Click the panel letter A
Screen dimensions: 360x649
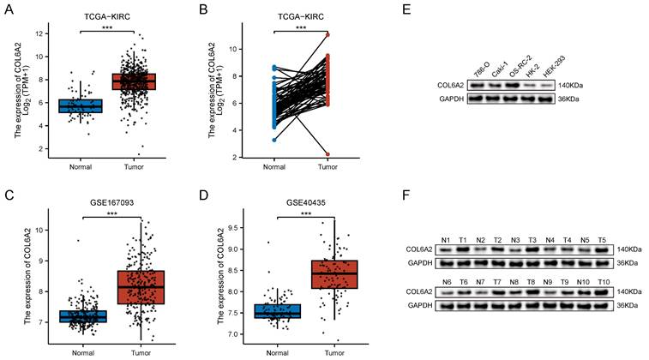(x=9, y=9)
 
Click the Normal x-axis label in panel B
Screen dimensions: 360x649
(x=273, y=167)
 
